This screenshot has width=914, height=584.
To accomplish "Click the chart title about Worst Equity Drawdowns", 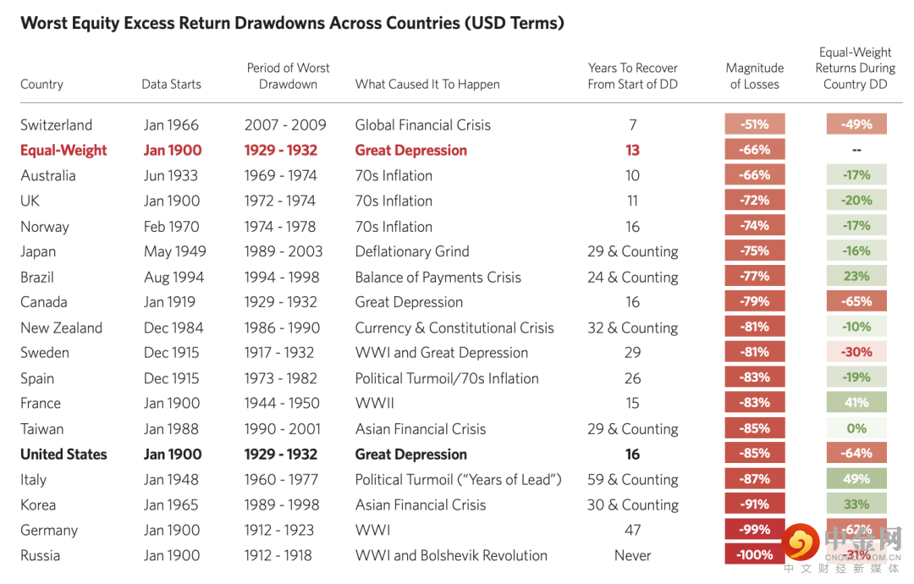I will pos(292,23).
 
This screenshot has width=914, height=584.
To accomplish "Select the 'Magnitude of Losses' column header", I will pos(754,76).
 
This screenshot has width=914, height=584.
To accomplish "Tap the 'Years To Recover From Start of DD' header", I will pos(633,76).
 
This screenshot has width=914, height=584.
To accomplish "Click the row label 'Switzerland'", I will pos(57,125).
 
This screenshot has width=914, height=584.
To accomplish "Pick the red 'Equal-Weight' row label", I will pos(63,151).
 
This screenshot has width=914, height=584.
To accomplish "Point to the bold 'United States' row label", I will pos(63,455).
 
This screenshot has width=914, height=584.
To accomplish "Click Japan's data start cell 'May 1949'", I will pos(174,251).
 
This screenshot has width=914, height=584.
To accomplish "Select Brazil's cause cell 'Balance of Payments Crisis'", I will pos(438,277).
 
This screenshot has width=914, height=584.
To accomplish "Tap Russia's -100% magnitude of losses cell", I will pos(755,555).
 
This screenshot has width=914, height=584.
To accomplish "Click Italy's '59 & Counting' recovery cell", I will pos(633,480).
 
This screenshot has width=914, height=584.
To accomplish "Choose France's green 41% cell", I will pos(856,403).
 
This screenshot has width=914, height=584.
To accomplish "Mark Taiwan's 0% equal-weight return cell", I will pos(856,429).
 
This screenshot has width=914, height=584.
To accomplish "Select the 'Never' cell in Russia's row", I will pos(633,556).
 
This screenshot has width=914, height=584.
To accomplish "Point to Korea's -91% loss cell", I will pos(755,504).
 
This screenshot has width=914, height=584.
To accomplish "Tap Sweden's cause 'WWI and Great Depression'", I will pos(442,353).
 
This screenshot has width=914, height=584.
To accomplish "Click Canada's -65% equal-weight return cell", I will pos(856,301).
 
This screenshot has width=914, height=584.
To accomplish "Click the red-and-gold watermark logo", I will pos(801,542).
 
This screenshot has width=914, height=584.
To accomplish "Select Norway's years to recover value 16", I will pos(633,227).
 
